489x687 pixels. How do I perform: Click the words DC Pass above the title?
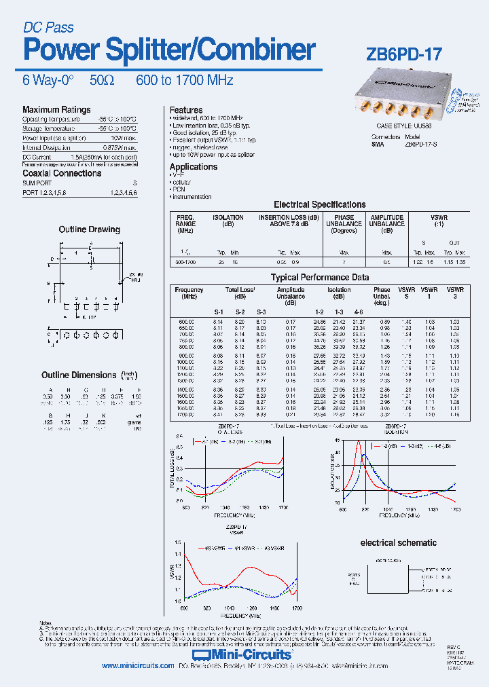[48, 28]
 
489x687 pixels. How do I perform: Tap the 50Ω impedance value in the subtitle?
[102, 80]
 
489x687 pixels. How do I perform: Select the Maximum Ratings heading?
[56, 109]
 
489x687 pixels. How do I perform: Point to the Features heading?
[186, 109]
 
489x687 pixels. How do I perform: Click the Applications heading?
[194, 166]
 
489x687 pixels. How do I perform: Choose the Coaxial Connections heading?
[62, 173]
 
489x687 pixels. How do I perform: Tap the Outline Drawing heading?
[90, 229]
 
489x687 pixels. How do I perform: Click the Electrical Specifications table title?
[319, 204]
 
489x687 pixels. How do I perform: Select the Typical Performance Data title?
[320, 277]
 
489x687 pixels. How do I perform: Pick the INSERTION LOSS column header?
[289, 221]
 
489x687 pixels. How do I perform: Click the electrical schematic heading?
[398, 542]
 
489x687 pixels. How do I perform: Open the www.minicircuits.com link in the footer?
[138, 666]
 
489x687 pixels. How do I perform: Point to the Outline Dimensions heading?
[79, 375]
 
